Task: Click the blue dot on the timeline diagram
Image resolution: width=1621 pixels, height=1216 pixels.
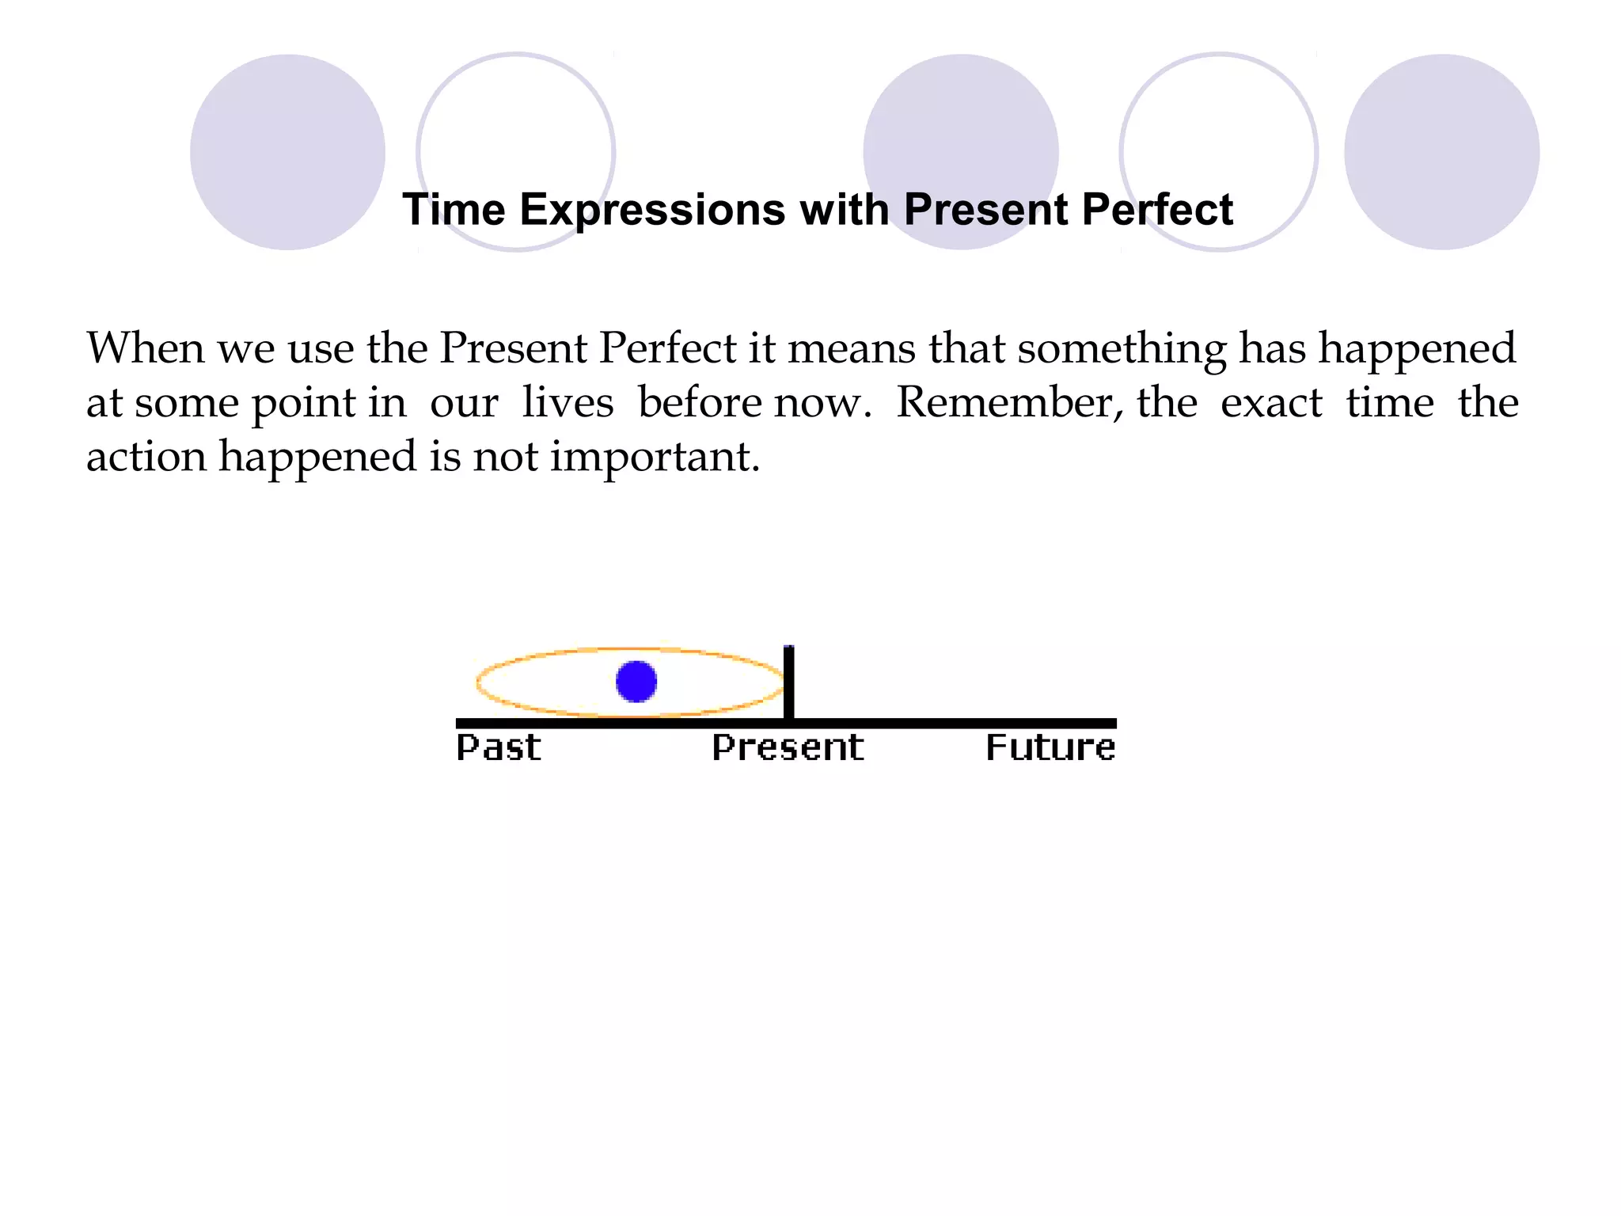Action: coord(636,682)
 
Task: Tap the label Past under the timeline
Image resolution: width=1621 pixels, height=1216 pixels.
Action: coord(499,747)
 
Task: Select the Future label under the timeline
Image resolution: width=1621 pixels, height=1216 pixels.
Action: coord(1050,747)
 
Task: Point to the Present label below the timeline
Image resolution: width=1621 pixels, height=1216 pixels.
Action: coord(788,747)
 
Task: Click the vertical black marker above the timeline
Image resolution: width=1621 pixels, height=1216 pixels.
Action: coord(788,681)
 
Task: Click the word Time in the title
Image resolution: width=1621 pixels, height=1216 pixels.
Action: coord(454,210)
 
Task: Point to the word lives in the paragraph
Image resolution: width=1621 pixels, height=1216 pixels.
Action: coord(568,402)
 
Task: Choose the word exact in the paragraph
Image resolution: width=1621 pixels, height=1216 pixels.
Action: coord(1271,402)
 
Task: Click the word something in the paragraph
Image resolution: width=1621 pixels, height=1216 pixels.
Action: coord(1122,348)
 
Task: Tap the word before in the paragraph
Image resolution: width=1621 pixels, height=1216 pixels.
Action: coord(700,402)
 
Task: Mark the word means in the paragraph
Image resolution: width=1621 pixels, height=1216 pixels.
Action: coord(851,348)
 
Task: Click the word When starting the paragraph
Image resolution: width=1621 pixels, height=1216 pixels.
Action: coord(146,348)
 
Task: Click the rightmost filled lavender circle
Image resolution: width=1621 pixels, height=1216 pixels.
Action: coord(1441,152)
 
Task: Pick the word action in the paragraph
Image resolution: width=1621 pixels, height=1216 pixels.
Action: coord(146,457)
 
